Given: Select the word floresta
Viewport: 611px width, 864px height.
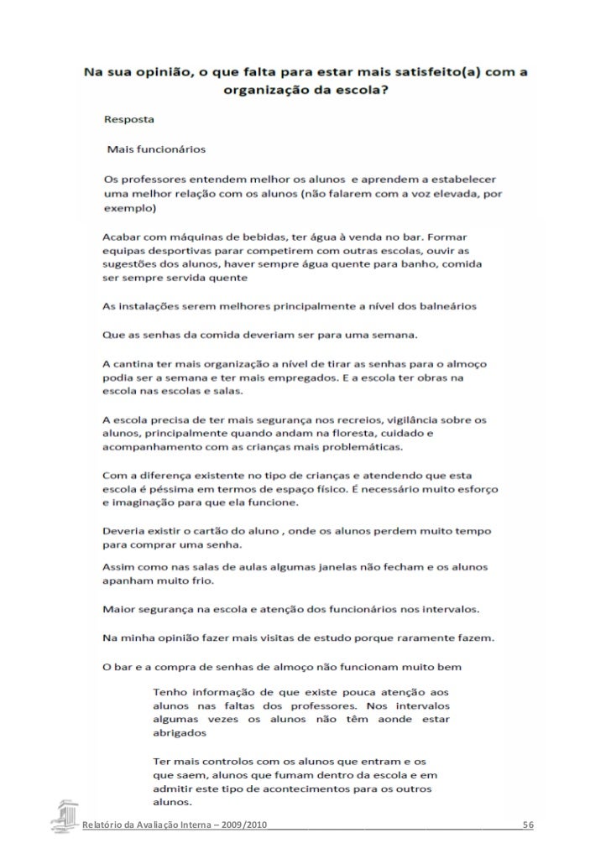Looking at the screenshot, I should point(372,435).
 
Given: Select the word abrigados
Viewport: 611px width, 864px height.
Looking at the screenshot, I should point(180,731).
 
